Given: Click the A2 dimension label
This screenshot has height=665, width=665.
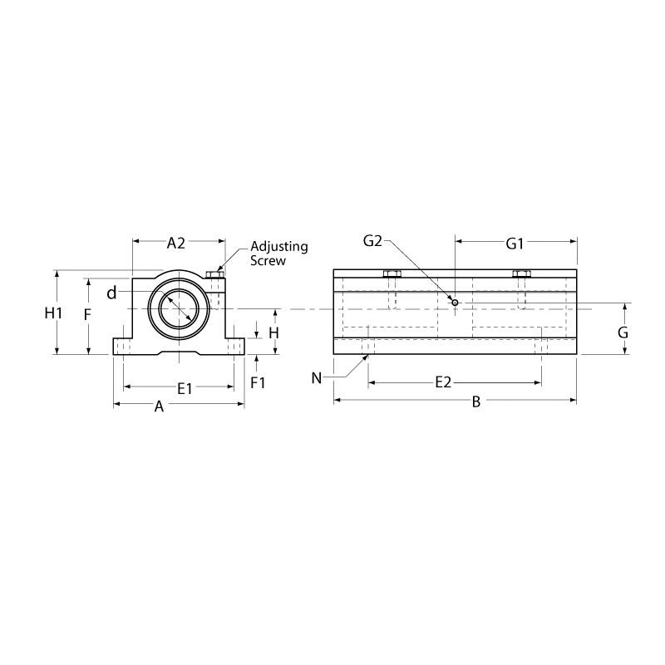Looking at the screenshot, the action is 176,243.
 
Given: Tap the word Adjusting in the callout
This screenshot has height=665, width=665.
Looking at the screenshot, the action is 279,247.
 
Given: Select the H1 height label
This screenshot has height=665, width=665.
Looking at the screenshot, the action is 54,313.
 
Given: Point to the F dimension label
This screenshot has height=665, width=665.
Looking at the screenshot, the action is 87,315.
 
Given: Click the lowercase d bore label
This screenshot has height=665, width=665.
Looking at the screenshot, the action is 111,293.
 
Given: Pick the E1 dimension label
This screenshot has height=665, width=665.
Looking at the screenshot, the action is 185,388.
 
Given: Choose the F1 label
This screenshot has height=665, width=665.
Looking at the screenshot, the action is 258,383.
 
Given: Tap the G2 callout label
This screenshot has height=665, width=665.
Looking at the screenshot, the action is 372,241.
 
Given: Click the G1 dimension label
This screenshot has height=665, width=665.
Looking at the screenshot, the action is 515,244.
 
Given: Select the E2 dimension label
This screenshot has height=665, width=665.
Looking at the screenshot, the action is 444,382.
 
